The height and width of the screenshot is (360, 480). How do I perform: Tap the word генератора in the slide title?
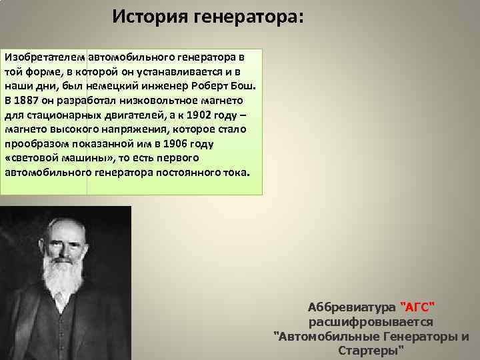248,15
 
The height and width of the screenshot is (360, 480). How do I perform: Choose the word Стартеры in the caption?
371,350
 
